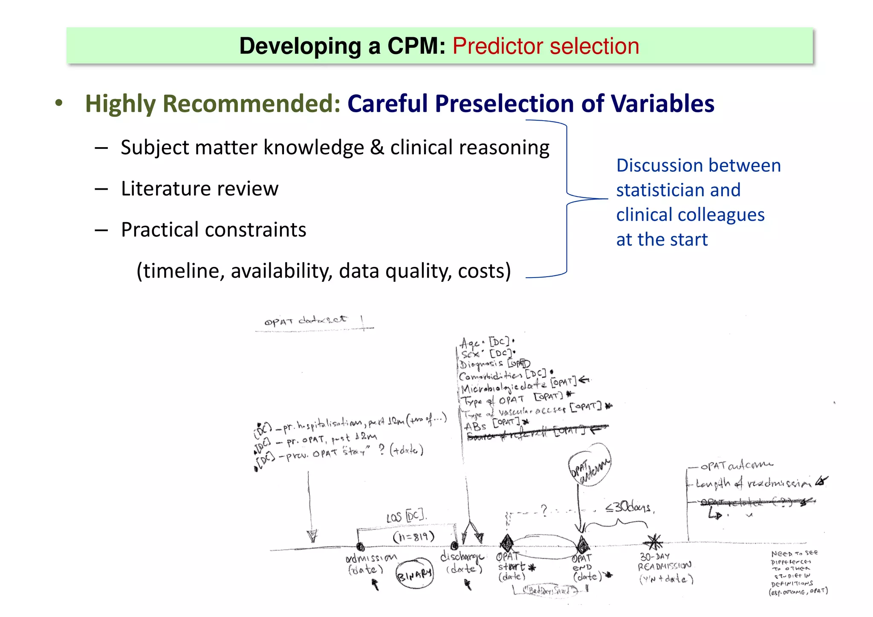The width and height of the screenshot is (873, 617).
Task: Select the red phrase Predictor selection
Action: (x=546, y=46)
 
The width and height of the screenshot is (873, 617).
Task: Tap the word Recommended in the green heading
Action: (x=251, y=104)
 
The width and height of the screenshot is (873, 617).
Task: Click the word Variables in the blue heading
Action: (x=662, y=104)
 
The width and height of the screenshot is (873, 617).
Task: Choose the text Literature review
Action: (x=199, y=188)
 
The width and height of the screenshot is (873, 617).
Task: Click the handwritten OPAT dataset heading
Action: (x=306, y=321)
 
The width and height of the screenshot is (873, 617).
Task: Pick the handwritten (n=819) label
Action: (x=413, y=536)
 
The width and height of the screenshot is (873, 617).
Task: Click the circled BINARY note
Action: (x=414, y=574)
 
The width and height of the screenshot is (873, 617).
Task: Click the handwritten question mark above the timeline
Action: (x=543, y=510)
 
